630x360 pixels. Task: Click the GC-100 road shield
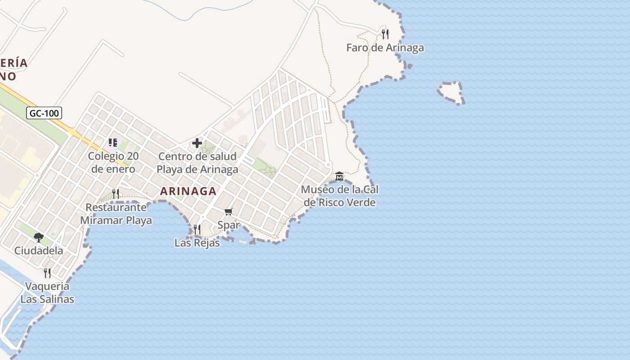(x=44, y=113)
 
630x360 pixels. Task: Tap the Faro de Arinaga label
(x=385, y=47)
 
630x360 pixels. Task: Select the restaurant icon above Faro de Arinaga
(x=385, y=34)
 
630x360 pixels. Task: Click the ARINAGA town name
(x=188, y=191)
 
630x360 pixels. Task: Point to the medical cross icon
(x=197, y=144)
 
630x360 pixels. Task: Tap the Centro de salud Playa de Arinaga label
(x=198, y=163)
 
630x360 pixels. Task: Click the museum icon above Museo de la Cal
(x=339, y=175)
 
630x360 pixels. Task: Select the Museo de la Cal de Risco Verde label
(x=339, y=196)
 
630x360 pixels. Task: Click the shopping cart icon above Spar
(x=229, y=211)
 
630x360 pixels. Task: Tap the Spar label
(x=229, y=225)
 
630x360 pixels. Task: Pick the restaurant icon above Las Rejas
(x=197, y=229)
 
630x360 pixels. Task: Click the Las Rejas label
(x=197, y=243)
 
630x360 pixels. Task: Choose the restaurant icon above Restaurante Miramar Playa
(x=116, y=194)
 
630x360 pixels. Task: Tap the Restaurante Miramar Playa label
(x=116, y=214)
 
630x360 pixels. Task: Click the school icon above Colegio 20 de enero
(x=112, y=143)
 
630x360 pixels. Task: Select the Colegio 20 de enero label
(x=113, y=162)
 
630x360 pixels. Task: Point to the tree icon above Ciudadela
(x=39, y=237)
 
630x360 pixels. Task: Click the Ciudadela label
(x=39, y=251)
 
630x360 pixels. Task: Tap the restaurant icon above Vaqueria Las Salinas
(x=47, y=273)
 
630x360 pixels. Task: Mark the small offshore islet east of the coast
(x=451, y=92)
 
